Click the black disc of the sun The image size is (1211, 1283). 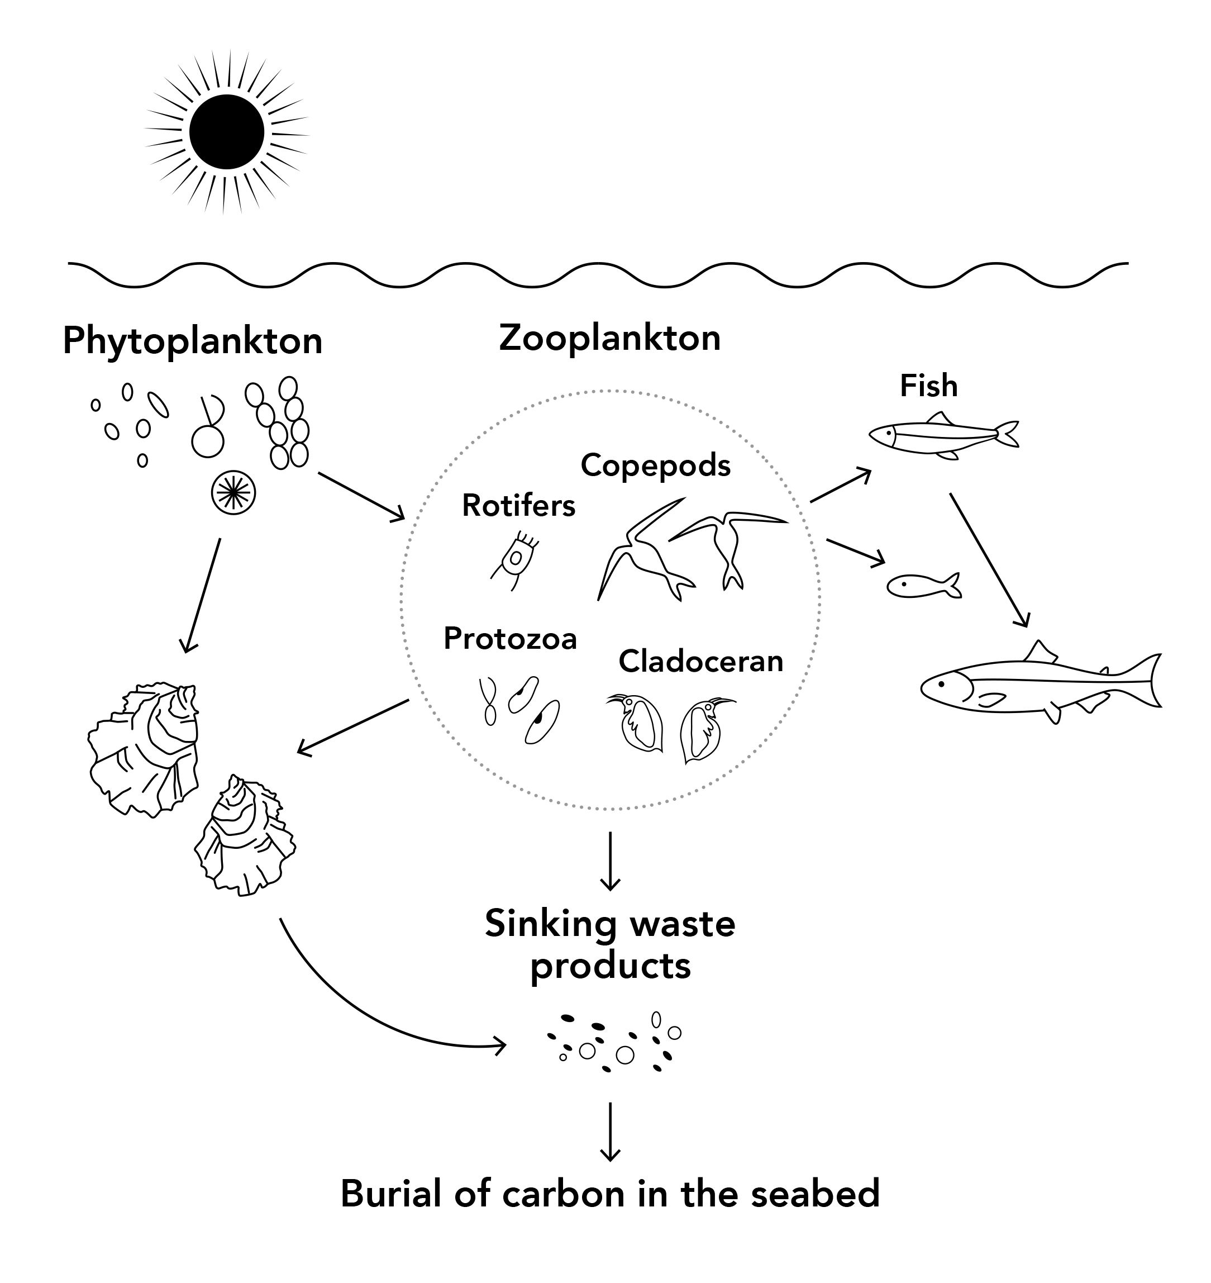point(227,132)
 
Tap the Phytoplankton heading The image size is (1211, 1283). point(192,341)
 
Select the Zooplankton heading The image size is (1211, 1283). point(609,338)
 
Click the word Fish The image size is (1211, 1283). point(928,386)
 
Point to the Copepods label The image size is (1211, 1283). point(655,465)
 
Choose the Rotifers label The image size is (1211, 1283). point(518,506)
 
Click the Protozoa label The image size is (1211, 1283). point(510,639)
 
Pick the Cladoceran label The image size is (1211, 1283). point(700,660)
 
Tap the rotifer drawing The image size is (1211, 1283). point(516,559)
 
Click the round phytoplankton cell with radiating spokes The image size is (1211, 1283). point(233,493)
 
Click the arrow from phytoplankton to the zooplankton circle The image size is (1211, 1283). point(361,496)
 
